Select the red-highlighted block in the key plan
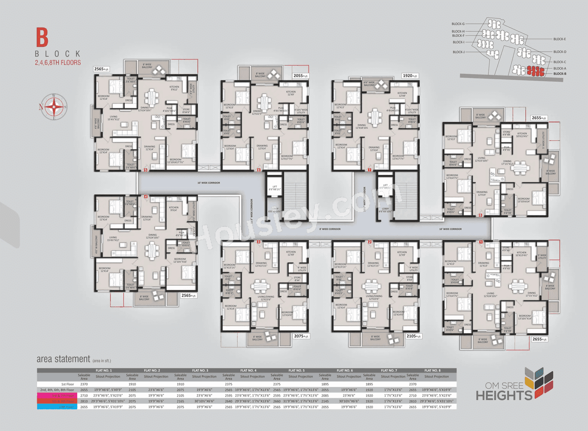(532, 70)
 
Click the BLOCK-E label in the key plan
(560, 39)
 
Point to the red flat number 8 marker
(480, 215)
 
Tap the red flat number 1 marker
(481, 241)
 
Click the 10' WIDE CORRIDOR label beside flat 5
(208, 183)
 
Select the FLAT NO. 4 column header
(248, 370)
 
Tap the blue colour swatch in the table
(57, 407)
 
